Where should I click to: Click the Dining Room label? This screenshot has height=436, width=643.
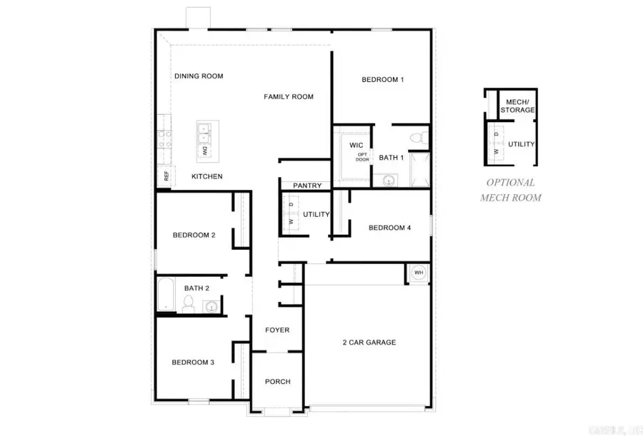tap(199, 76)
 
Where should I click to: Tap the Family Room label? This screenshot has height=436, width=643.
tap(289, 96)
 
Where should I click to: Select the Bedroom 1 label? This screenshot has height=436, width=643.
tap(382, 79)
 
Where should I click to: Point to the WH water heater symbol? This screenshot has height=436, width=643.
tap(419, 273)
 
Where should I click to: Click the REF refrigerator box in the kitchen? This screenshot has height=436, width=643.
tap(166, 176)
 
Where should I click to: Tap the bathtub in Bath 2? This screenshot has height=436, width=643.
tap(166, 295)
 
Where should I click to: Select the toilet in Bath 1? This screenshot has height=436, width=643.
tap(419, 136)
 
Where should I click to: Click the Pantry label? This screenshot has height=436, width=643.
tap(307, 186)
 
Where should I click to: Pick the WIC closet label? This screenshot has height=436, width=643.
tap(357, 146)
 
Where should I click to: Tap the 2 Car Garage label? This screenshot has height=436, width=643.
tap(369, 343)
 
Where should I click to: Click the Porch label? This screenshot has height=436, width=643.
tap(277, 382)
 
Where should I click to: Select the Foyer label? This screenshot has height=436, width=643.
tap(277, 330)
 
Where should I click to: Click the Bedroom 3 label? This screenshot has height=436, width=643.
tap(193, 363)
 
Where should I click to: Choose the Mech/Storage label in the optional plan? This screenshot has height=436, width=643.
tap(517, 106)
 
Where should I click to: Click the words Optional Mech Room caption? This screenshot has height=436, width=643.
tap(510, 190)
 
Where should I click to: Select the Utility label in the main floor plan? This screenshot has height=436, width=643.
tap(316, 214)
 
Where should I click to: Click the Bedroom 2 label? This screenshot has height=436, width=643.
tap(194, 235)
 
